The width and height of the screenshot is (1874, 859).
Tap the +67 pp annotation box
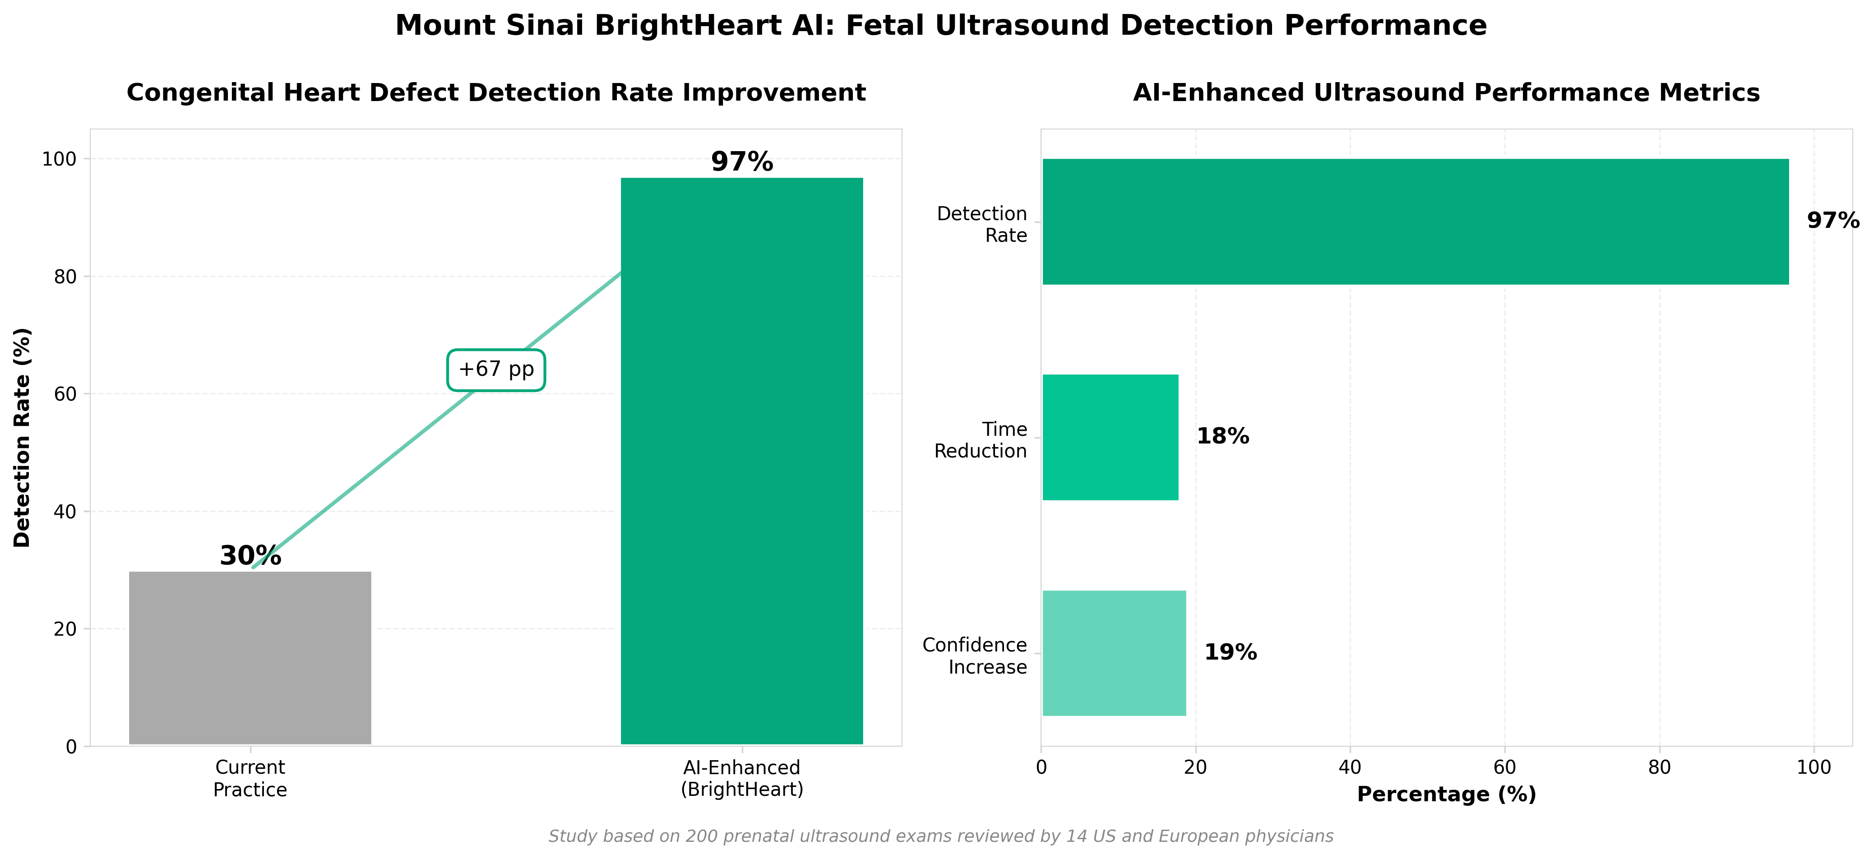tap(496, 369)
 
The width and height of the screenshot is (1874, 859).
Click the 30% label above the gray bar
tap(250, 556)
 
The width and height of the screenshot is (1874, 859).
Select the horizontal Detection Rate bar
tap(1415, 222)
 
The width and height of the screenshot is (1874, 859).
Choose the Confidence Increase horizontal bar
tap(1114, 653)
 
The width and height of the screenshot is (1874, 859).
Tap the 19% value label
tap(1230, 652)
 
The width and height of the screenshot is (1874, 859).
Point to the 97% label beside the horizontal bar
tap(1832, 220)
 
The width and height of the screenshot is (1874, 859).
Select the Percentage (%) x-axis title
tap(1446, 794)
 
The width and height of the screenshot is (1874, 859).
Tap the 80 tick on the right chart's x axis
tap(1659, 767)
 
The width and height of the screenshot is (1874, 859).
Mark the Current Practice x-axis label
tap(250, 778)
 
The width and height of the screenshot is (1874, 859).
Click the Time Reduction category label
tap(980, 440)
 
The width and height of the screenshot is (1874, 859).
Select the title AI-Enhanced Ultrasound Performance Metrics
tap(1446, 93)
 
